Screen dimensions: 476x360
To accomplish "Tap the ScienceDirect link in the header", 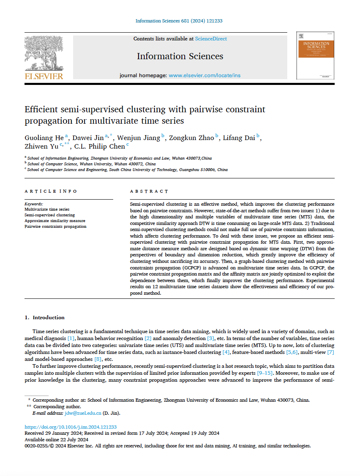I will click(x=211, y=39).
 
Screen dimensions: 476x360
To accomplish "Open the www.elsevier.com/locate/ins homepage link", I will click(x=205, y=76).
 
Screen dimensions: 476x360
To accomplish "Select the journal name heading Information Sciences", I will click(x=180, y=56).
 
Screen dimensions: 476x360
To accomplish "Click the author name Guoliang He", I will click(x=44, y=138).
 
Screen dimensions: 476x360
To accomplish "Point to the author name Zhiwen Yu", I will click(x=41, y=147).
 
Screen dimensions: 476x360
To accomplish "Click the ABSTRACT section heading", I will click(x=149, y=191).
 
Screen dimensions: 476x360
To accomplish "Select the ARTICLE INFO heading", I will click(x=51, y=191).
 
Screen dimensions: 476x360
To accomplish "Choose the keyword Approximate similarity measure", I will click(x=55, y=221).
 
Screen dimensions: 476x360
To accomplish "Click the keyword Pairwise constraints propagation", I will click(x=56, y=227).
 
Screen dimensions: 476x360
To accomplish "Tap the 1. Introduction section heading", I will click(x=45, y=318).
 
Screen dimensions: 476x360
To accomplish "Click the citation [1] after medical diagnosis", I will click(x=71, y=338).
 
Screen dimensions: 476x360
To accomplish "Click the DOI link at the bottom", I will click(x=71, y=427).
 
